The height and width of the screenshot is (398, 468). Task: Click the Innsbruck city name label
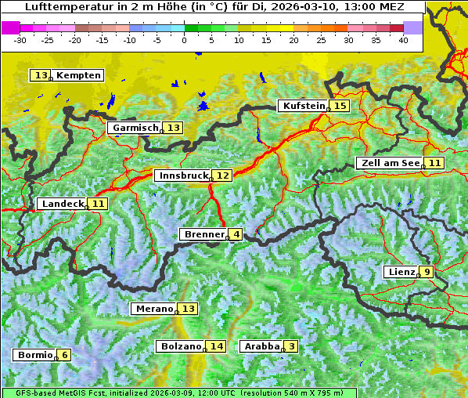182,175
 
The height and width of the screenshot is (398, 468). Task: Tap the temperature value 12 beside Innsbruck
223,175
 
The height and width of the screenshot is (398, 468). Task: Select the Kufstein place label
303,106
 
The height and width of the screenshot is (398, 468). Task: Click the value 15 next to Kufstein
339,106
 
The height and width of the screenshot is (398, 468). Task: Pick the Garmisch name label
135,128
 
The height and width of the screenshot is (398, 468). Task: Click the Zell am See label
389,163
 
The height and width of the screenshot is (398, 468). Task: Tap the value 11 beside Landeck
98,204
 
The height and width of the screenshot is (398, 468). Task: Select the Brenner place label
203,234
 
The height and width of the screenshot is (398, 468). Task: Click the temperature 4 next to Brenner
236,234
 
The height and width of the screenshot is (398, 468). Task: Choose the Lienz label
401,272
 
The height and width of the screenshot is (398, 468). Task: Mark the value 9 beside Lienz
427,272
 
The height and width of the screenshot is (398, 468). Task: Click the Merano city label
153,309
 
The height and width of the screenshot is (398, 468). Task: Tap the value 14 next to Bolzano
216,346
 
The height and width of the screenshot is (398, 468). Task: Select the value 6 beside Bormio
65,355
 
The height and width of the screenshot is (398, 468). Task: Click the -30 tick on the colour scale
20,40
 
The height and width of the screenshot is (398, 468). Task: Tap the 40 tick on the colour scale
403,40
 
